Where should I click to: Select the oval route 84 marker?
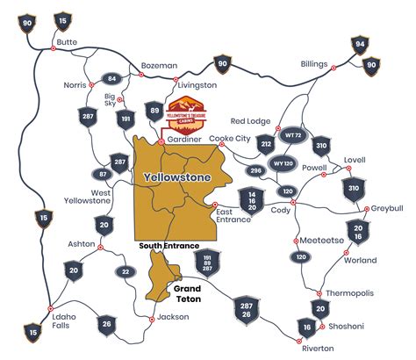coord(111,79)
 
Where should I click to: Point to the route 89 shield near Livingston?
coord(155,111)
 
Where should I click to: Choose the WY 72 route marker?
coord(292,136)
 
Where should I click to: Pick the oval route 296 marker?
coord(256,170)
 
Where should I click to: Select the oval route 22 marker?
coord(126,272)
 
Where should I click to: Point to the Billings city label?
coord(313,64)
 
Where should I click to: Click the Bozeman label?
coord(159,66)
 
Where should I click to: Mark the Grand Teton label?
coord(188,293)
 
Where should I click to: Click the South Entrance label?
coord(169,246)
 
